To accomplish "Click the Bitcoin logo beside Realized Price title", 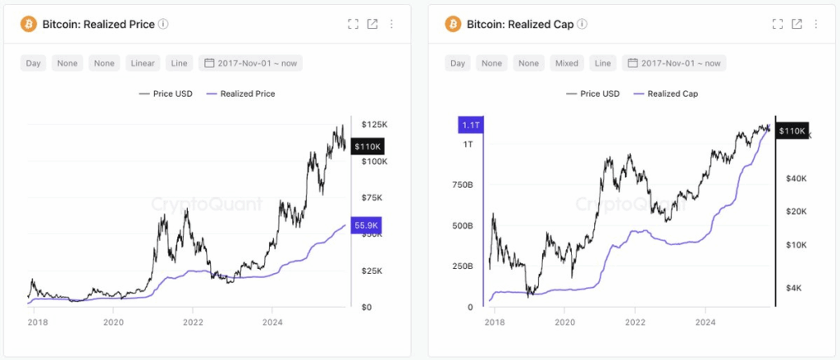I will [x=29, y=24].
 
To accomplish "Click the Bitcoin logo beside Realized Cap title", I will [x=454, y=24].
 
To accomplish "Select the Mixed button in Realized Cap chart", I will [x=567, y=63].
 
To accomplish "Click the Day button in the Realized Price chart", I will [x=34, y=63].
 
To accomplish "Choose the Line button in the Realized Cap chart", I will [x=603, y=63].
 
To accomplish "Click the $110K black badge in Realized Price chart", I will [x=366, y=147].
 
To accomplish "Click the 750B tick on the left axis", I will [x=462, y=185].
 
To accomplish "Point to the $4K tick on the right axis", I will [x=794, y=288].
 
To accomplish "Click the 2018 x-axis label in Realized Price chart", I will [x=37, y=323].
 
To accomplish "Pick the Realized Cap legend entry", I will [x=666, y=93].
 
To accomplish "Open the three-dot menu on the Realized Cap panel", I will [x=816, y=24].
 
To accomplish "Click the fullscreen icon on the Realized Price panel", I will [x=353, y=24].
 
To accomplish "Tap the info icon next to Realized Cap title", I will [x=582, y=24].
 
